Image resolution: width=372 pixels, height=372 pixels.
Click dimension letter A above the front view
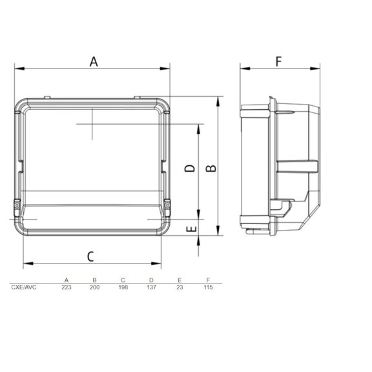(93, 61)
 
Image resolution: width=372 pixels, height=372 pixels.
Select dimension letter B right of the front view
(211, 168)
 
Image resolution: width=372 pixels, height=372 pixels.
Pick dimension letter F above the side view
(279, 61)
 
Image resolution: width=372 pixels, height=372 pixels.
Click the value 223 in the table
(66, 287)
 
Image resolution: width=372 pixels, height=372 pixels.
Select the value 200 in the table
(94, 287)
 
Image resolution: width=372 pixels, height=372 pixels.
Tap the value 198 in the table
(123, 287)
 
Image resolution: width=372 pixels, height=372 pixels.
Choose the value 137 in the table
(151, 287)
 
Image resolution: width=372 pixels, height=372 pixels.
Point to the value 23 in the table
(180, 287)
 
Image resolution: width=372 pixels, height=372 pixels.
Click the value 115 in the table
(208, 287)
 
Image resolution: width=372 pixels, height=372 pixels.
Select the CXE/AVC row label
(24, 287)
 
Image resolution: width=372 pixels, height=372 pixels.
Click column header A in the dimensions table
(66, 280)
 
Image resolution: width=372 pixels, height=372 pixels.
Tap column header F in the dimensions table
(208, 280)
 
